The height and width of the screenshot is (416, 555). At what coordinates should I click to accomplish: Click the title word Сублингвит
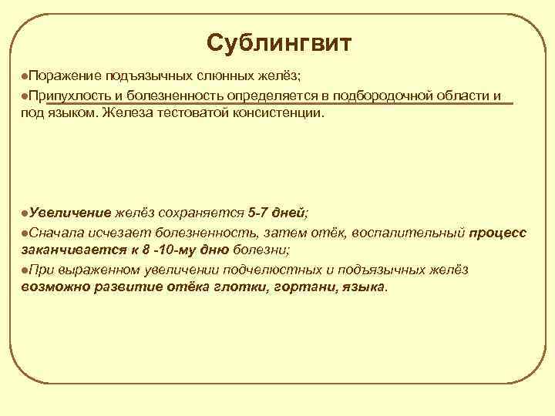278,43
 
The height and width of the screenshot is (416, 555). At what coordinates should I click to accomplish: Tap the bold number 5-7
261,213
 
